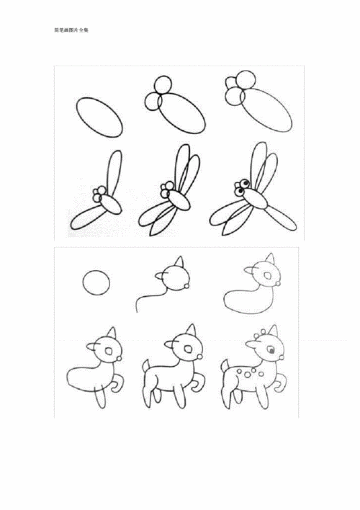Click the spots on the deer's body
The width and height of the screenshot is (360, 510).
pyautogui.click(x=248, y=371)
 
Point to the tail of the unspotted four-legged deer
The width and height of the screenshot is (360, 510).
pyautogui.click(x=143, y=363)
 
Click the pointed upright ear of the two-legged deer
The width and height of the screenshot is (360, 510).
pyautogui.click(x=109, y=333)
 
